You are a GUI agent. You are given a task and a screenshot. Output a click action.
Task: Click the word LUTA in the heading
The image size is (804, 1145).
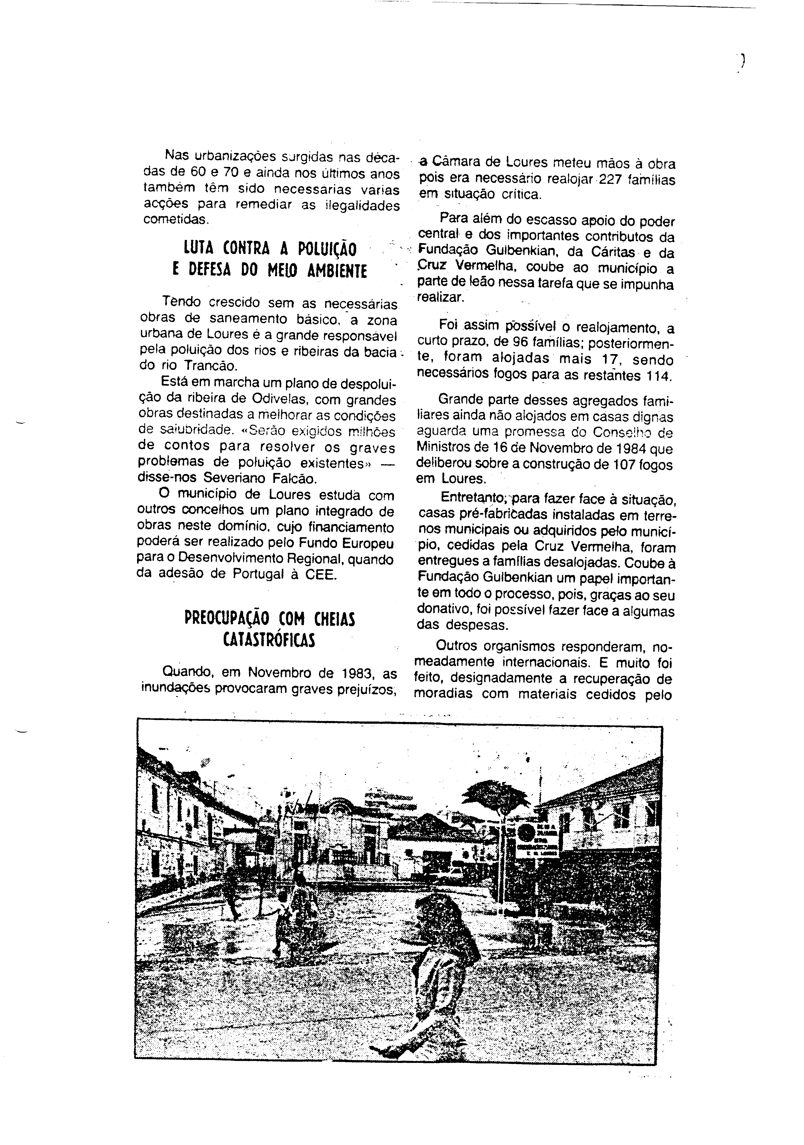tap(198, 248)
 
